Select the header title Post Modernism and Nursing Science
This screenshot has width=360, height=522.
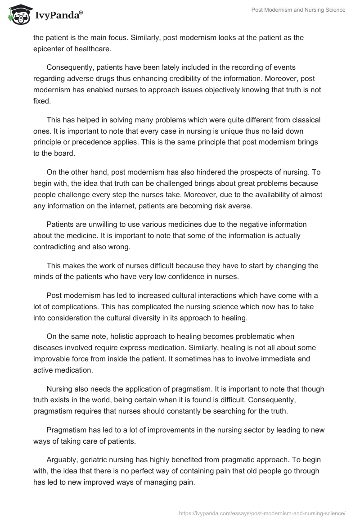tap(298, 10)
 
